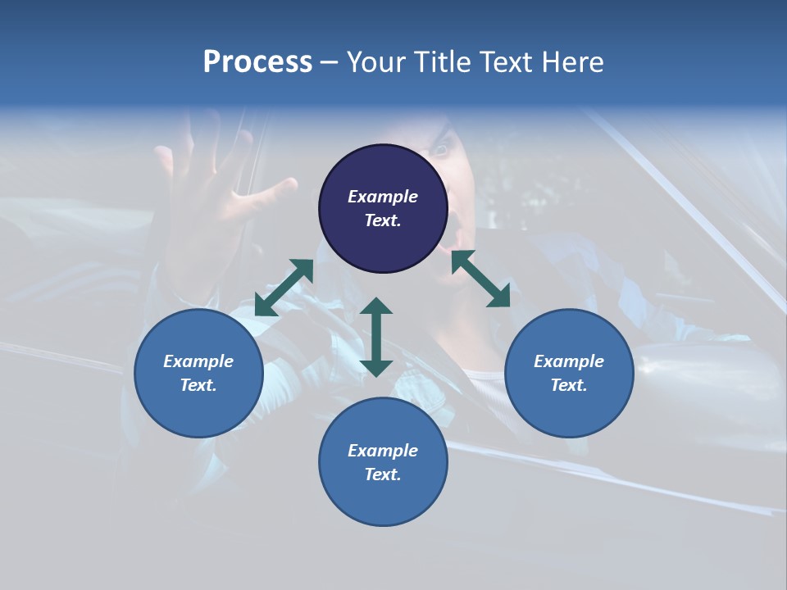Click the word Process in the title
click(x=257, y=62)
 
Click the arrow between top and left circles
click(x=284, y=288)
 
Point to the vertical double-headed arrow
click(x=376, y=337)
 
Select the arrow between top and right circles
click(x=480, y=279)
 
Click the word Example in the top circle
click(x=383, y=197)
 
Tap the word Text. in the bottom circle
click(x=383, y=474)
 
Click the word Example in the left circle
click(x=198, y=361)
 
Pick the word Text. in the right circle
click(x=569, y=385)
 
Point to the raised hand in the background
click(x=205, y=188)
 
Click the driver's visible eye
click(x=441, y=150)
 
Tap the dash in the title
click(x=329, y=62)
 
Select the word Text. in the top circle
click(x=383, y=220)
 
